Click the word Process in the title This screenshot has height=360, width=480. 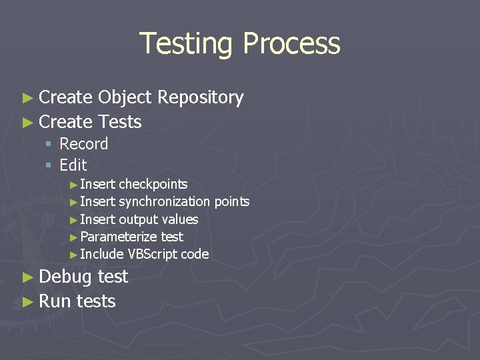(x=291, y=44)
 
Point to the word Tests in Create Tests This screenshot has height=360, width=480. (x=119, y=122)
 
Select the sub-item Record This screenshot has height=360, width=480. (x=83, y=144)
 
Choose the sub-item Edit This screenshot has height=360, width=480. (x=73, y=165)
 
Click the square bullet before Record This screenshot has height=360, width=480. (x=49, y=145)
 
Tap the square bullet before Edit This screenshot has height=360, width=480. (x=49, y=165)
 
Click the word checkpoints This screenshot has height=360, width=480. (x=153, y=185)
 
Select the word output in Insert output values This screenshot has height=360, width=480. (x=138, y=219)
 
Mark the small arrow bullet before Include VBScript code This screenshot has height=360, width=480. (x=73, y=255)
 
